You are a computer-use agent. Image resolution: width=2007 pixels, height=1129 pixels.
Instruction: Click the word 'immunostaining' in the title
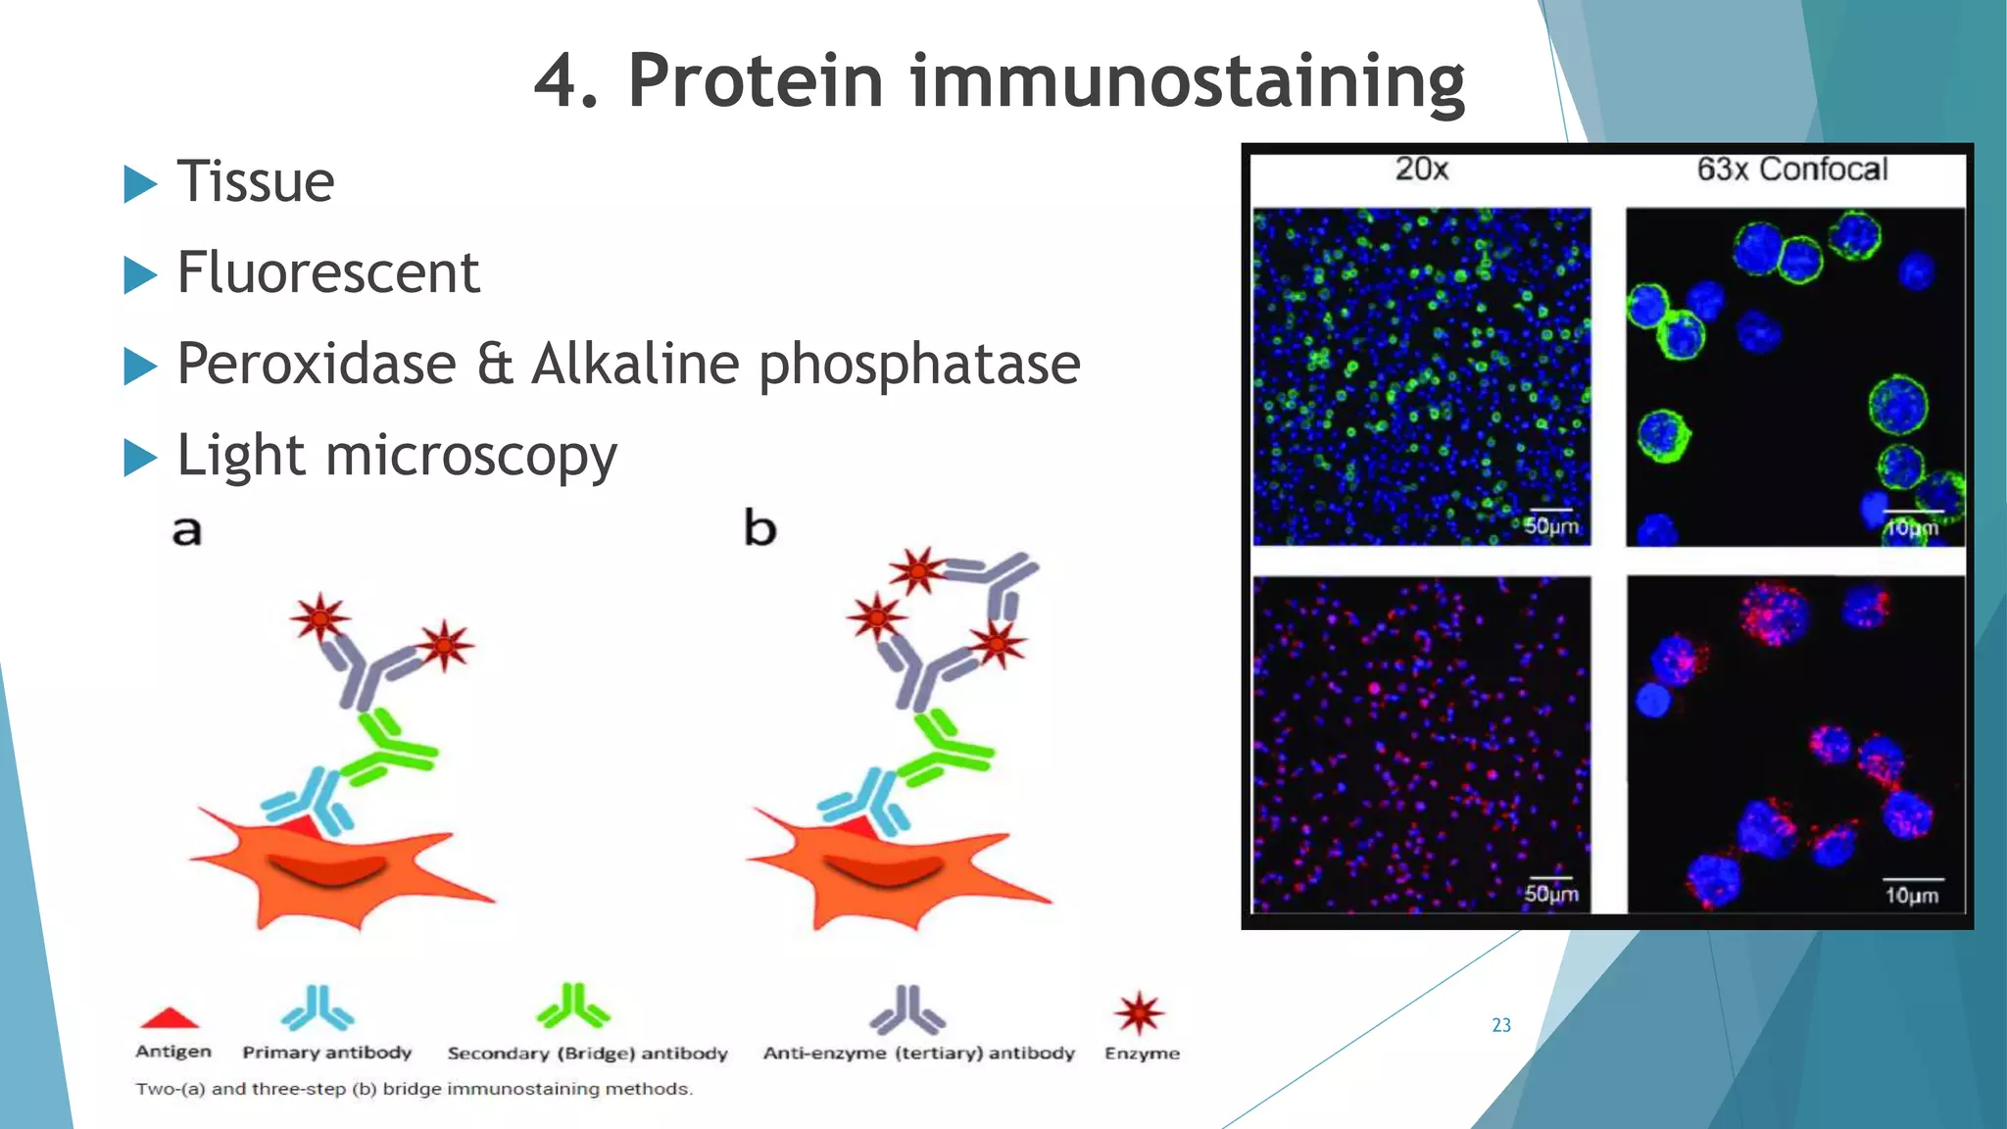tap(1187, 81)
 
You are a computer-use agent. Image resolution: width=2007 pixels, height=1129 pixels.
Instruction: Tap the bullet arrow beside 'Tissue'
tap(140, 184)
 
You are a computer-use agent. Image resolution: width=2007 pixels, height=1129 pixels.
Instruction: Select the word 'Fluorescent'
tap(328, 272)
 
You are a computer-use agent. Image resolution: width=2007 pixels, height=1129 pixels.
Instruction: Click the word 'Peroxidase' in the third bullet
tap(317, 364)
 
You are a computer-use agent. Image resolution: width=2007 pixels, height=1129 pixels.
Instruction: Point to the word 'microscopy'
tap(470, 457)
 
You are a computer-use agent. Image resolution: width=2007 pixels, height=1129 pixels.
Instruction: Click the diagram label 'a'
tap(186, 530)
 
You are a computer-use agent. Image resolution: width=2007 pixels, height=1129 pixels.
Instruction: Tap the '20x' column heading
tap(1421, 170)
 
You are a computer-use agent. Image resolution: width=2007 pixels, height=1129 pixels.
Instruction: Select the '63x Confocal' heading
tap(1791, 170)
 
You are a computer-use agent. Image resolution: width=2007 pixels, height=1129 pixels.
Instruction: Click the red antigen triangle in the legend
tap(170, 1018)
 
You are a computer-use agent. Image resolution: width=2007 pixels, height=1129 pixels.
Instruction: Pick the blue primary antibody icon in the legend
tap(318, 1008)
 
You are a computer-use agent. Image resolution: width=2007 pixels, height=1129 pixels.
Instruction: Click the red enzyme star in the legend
tap(1139, 1012)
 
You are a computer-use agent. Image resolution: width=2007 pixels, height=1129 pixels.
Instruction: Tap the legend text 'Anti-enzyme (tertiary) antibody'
tap(918, 1054)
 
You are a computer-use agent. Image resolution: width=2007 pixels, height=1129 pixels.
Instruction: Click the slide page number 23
tap(1501, 1025)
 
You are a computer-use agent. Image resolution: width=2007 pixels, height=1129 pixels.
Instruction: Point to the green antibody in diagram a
tap(392, 751)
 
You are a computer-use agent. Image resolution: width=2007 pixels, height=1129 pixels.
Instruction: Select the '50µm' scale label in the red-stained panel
tap(1550, 894)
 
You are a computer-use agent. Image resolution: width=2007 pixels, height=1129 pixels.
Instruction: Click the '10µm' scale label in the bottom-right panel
tap(1911, 895)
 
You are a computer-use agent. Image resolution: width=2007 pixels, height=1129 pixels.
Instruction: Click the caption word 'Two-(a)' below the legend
tap(171, 1089)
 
